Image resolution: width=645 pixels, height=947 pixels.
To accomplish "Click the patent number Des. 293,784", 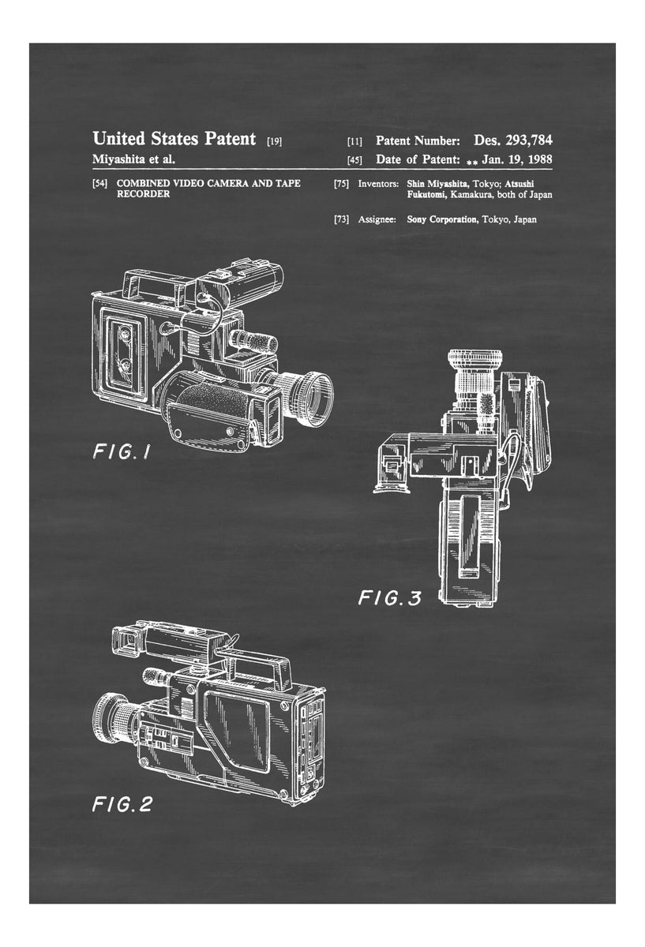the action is coord(512,140).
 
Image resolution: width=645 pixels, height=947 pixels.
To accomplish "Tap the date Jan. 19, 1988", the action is coord(517,159).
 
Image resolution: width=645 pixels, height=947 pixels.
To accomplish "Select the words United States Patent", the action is coord(174,138).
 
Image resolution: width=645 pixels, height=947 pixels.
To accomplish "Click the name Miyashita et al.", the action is coord(133,159).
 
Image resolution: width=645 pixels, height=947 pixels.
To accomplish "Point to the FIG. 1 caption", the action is coord(121,452).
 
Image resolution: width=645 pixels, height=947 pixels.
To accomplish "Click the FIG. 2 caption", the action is coord(122,804).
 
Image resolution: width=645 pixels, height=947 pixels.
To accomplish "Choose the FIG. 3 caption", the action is coord(390,598).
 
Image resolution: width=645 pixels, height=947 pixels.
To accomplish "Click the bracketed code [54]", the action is coord(99,183).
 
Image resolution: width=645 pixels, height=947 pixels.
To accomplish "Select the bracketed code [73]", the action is coord(341,219).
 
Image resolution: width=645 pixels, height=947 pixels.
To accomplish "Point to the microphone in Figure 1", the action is coord(253,340).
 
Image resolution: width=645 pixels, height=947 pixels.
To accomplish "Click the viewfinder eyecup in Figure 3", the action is coord(392,486).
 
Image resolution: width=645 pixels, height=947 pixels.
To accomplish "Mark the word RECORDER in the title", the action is coord(143,194).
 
